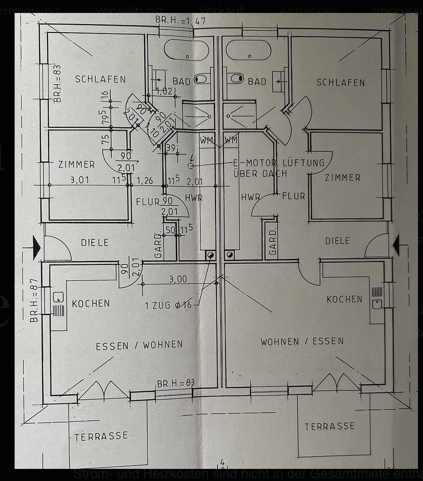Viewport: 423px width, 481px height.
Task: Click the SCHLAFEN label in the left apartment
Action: coord(100,79)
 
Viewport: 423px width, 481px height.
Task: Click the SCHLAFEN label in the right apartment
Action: coord(340,82)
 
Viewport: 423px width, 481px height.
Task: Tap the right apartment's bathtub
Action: coord(249,50)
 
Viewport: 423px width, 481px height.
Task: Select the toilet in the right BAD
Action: coord(235,79)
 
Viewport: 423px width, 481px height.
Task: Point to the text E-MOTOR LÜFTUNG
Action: coord(279,163)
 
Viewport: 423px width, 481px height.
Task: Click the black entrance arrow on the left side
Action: coord(36,248)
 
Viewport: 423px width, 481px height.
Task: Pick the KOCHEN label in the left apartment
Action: coord(91,304)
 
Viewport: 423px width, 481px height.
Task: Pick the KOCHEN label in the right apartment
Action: coord(344,299)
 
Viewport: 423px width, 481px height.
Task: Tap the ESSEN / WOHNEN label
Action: coord(139,345)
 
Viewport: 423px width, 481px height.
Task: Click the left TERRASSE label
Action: coord(101,436)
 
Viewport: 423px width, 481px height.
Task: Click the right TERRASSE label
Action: coord(329,426)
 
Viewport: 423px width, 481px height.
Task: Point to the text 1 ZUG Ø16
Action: coord(168,305)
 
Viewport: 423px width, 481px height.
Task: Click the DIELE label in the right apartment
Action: coord(337,241)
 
